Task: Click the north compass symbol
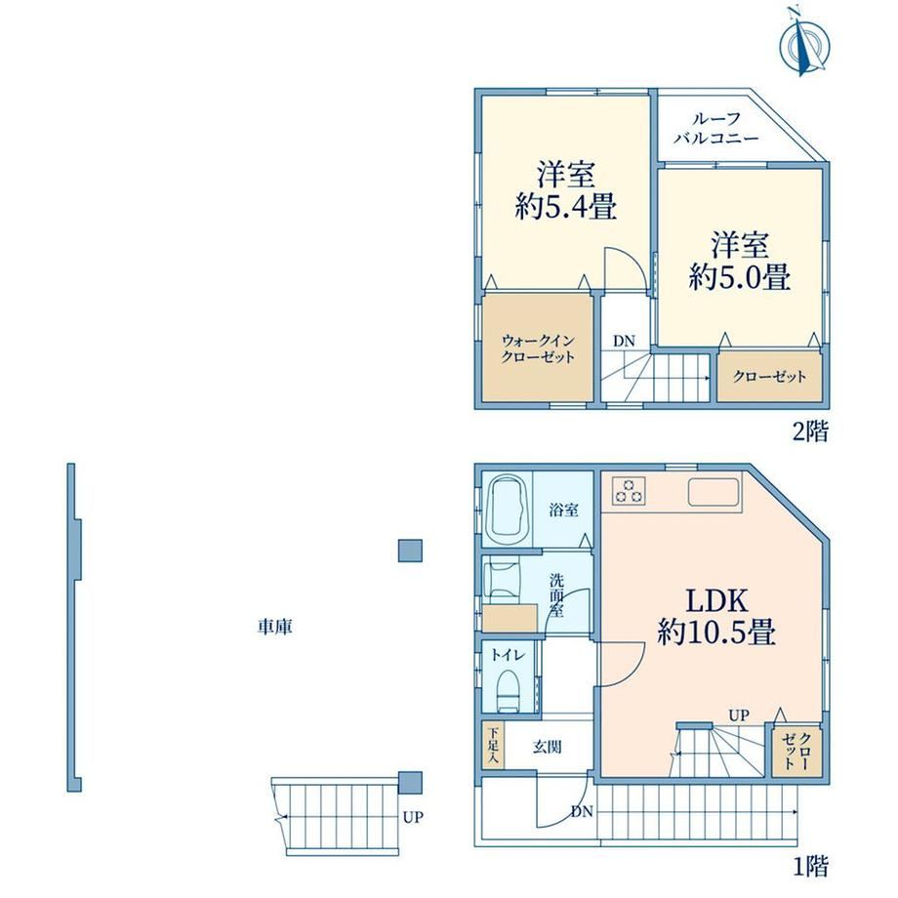pos(804,42)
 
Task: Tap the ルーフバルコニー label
pos(715,128)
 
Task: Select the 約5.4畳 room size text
pos(566,206)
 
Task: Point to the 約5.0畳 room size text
pos(740,276)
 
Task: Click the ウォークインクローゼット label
pos(538,348)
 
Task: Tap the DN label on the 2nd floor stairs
pos(625,341)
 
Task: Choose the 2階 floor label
pos(810,431)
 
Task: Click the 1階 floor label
pos(811,866)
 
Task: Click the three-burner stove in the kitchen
pos(629,491)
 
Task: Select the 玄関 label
pos(547,747)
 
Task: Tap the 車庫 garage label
pos(275,627)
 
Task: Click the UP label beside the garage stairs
pos(412,817)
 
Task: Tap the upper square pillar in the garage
pos(410,551)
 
